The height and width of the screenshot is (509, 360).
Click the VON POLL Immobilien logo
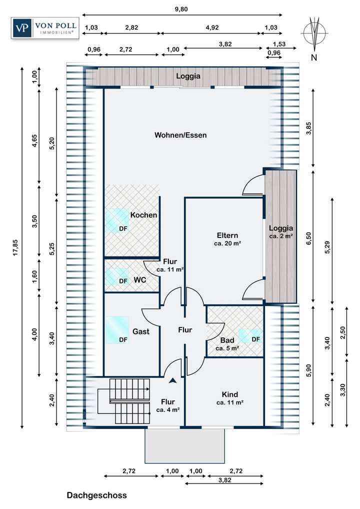pyautogui.click(x=45, y=28)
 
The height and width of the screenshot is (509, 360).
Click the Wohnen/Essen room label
pyautogui.click(x=180, y=135)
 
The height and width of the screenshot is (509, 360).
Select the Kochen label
pyautogui.click(x=144, y=215)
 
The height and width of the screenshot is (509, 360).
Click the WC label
pyautogui.click(x=139, y=280)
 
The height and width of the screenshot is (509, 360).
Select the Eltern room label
pyautogui.click(x=227, y=235)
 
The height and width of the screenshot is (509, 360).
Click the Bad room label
pyautogui.click(x=227, y=340)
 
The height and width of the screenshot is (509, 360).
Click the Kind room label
pyautogui.click(x=229, y=394)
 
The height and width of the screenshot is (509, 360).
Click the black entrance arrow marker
pyautogui.click(x=172, y=381)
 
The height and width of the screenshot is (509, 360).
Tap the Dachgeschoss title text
pyautogui.click(x=97, y=495)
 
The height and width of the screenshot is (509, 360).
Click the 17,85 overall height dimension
pyautogui.click(x=15, y=247)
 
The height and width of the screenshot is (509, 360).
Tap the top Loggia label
pyautogui.click(x=188, y=76)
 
